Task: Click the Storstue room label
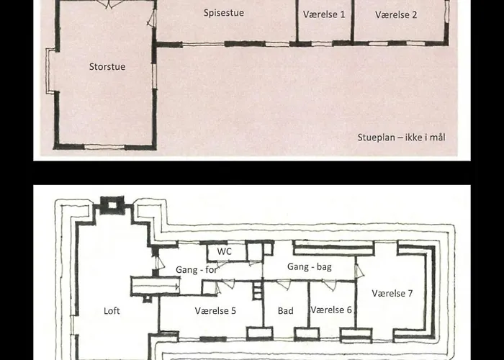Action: (x=107, y=66)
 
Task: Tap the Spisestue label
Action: (x=224, y=13)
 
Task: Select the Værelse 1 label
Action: (x=324, y=14)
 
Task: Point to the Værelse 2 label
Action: (x=396, y=15)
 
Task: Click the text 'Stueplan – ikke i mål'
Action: (x=402, y=138)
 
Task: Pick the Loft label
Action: (x=112, y=311)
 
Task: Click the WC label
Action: (x=225, y=251)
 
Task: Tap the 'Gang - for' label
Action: (x=197, y=269)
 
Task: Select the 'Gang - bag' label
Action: (x=309, y=267)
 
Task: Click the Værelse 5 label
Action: (x=215, y=311)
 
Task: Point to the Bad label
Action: (x=285, y=311)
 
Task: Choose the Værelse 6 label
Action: (x=331, y=310)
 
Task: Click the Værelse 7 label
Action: (x=392, y=293)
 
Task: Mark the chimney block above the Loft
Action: (x=112, y=205)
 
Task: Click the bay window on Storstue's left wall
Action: (x=50, y=71)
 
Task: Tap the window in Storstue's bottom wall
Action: (x=104, y=147)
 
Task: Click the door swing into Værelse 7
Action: (x=359, y=271)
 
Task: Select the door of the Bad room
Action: (x=284, y=284)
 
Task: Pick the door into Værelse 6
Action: (x=330, y=285)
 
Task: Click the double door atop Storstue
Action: (x=109, y=4)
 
